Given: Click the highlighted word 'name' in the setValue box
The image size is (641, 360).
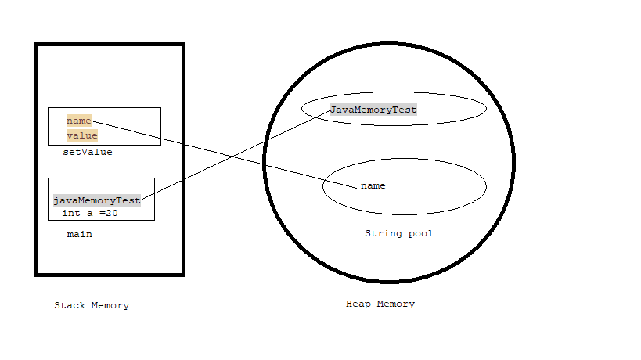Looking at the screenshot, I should (x=79, y=121).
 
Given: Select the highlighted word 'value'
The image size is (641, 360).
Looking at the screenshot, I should (x=82, y=135).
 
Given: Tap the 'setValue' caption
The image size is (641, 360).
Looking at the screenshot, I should (x=88, y=152).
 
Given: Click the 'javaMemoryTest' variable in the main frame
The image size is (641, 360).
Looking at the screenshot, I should (x=97, y=200).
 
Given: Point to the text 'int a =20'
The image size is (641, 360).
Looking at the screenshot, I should (x=90, y=212).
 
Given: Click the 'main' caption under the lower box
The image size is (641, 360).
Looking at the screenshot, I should (x=80, y=234).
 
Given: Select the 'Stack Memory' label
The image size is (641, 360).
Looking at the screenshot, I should (x=92, y=305).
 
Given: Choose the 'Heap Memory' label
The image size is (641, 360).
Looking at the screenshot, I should (x=380, y=304).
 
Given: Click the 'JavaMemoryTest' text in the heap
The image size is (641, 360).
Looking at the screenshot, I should (x=373, y=110).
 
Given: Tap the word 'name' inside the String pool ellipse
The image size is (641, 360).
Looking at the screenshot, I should (x=373, y=185).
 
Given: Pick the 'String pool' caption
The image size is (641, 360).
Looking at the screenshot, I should (x=398, y=233).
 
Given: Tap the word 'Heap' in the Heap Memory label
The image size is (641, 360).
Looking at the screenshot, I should (x=358, y=304).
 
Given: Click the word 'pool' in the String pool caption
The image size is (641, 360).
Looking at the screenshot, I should (x=420, y=233).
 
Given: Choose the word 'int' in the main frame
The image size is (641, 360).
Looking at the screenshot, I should (x=71, y=212).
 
